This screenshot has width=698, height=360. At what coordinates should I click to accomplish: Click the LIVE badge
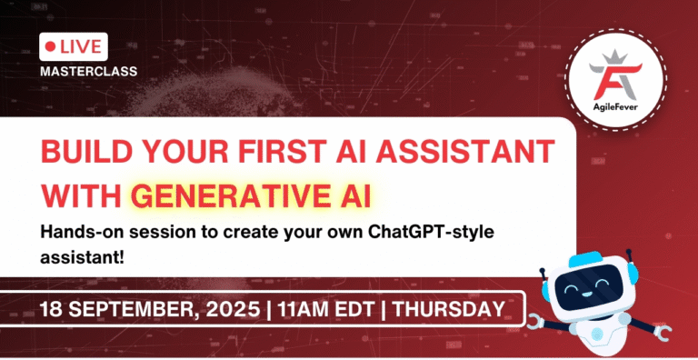click(x=75, y=45)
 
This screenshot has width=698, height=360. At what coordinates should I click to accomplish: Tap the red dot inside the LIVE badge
click(x=51, y=45)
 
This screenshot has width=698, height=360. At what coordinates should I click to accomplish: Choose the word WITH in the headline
click(x=83, y=194)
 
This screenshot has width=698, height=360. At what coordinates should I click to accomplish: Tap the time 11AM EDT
click(x=326, y=310)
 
